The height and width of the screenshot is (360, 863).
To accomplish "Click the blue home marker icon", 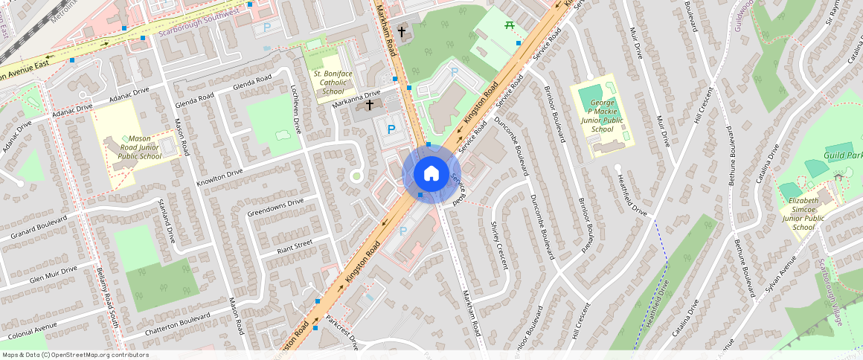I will pos(431,174).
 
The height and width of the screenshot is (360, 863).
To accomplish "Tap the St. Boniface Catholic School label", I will pos(328,83).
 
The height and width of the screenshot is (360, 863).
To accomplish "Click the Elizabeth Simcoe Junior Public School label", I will pos(803,213).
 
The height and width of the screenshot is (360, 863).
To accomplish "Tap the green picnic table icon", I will pos(510,26).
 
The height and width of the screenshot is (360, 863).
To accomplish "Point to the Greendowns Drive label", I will pos(275,208).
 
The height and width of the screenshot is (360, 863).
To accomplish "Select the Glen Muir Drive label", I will pos(53,274).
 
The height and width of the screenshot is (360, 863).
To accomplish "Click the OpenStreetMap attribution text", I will pos(74,355).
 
